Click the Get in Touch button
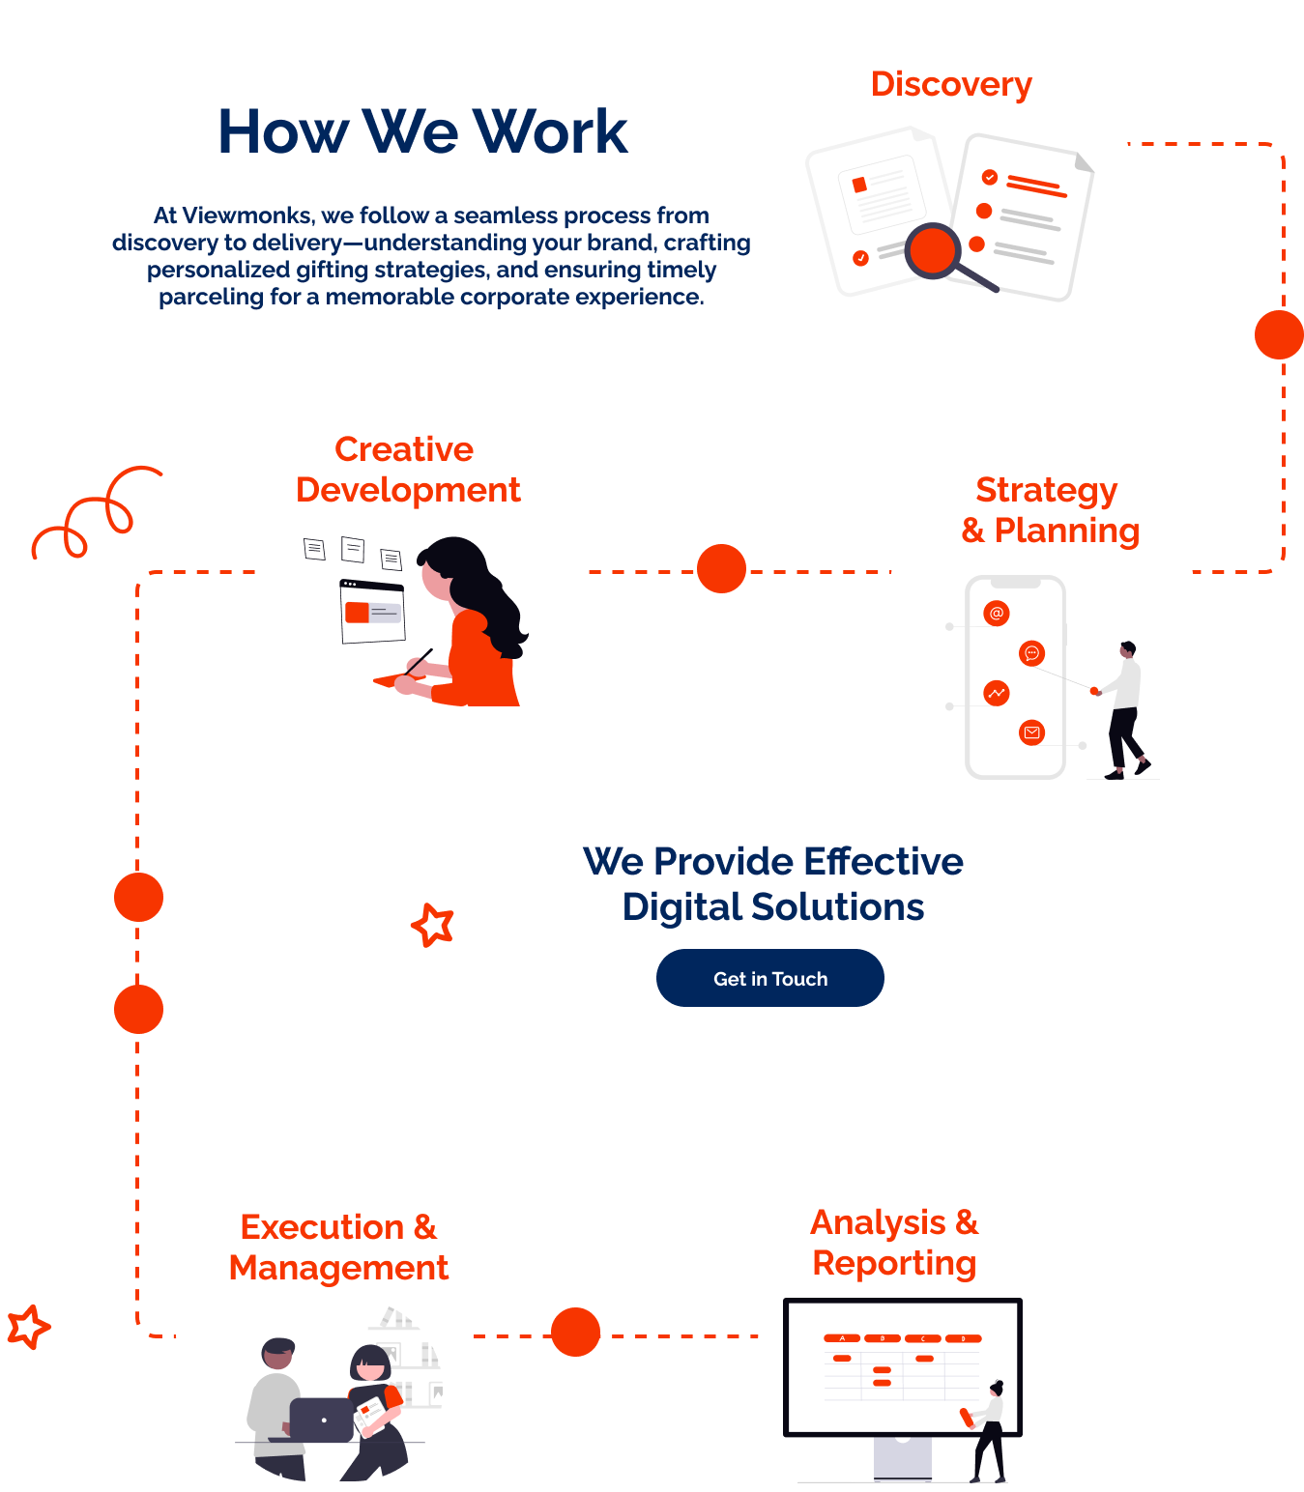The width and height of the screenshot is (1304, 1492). pyautogui.click(x=769, y=978)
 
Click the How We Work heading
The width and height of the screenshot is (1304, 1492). pyautogui.click(x=422, y=131)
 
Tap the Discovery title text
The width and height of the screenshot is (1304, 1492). pyautogui.click(x=951, y=84)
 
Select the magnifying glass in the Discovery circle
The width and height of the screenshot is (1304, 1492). pyautogui.click(x=936, y=251)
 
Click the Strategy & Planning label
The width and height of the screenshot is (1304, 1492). pyautogui.click(x=1049, y=509)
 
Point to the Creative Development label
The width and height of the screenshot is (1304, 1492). pyautogui.click(x=408, y=470)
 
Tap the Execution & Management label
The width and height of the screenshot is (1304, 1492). pyautogui.click(x=338, y=1247)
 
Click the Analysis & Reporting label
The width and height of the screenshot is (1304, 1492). pyautogui.click(x=894, y=1243)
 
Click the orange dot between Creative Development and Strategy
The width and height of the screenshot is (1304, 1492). pyautogui.click(x=721, y=568)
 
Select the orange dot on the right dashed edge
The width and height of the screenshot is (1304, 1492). pyautogui.click(x=1279, y=334)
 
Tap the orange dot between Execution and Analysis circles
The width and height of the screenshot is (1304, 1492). pyautogui.click(x=576, y=1332)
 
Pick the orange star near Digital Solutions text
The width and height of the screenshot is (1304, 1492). pyautogui.click(x=433, y=925)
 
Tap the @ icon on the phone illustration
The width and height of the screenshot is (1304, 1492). pyautogui.click(x=997, y=613)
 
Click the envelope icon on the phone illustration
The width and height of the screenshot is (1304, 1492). pyautogui.click(x=1032, y=732)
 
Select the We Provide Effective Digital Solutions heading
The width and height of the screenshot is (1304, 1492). pyautogui.click(x=773, y=883)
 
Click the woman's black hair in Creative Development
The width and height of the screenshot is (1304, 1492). pyautogui.click(x=478, y=580)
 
